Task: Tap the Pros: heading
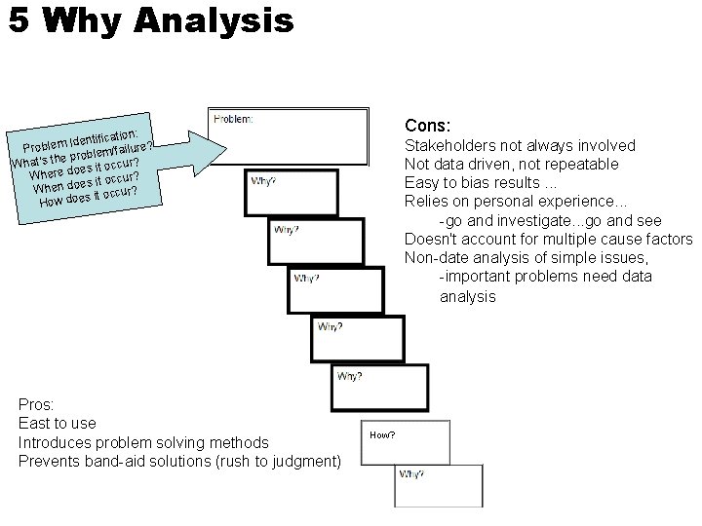(36, 403)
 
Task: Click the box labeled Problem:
(290, 137)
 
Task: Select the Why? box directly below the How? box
(439, 485)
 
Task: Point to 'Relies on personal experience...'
(509, 201)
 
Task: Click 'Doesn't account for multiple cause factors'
(548, 240)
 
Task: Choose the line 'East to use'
(58, 423)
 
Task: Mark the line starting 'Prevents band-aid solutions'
(179, 461)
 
